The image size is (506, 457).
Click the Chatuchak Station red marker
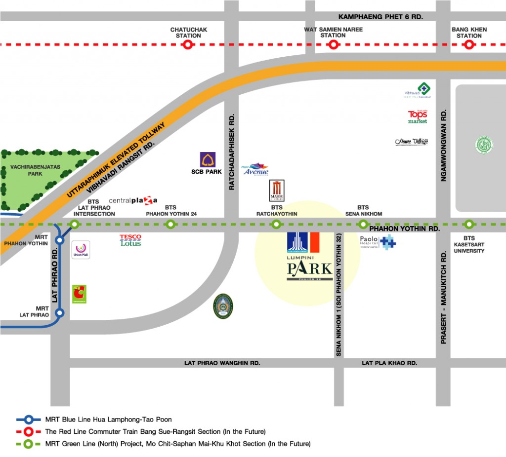188,45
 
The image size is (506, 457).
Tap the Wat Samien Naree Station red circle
334,45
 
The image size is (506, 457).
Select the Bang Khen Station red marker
469,45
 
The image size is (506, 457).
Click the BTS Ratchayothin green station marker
276,225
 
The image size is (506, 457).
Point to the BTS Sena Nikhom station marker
363,225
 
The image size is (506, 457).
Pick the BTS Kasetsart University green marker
469,225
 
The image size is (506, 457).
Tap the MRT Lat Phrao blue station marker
60,312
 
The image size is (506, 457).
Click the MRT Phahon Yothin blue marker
60,240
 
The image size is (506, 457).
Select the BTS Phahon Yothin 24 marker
170,225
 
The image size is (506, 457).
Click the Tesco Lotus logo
130,240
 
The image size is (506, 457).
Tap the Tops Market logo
418,116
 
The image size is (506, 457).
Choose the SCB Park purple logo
207,160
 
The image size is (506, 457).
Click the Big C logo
79,294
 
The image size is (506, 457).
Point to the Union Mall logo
81,250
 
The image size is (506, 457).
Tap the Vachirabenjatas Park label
35,170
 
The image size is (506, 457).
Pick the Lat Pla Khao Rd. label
389,363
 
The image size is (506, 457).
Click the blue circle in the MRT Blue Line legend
29,419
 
